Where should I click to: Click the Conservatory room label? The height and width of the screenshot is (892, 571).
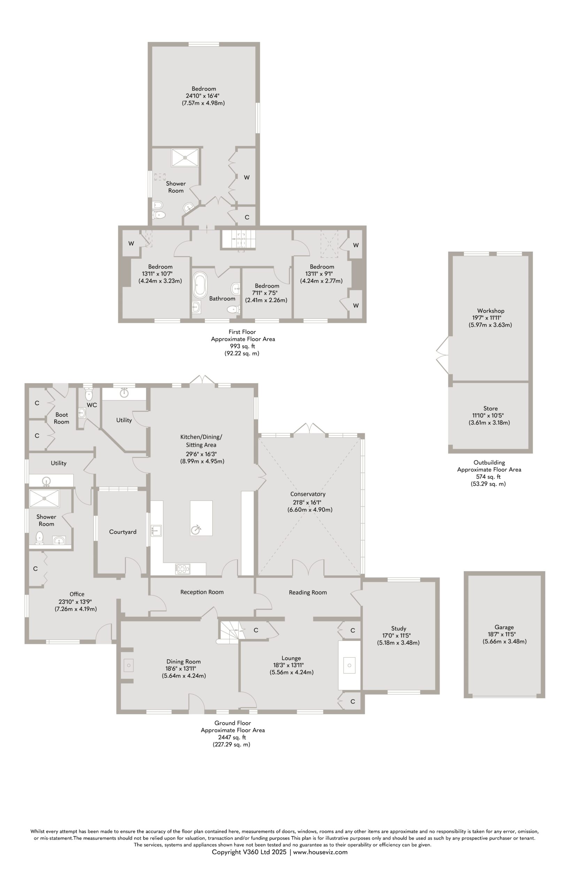[308, 494]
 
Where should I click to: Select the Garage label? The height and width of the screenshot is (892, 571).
[504, 627]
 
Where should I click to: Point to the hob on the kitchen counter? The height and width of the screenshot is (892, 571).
[183, 569]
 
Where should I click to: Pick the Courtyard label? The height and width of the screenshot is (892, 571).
[123, 532]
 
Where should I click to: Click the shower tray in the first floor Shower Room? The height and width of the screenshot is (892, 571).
[185, 158]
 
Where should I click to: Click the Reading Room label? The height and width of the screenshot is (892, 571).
[308, 592]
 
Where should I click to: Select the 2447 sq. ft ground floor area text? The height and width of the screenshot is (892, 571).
[233, 737]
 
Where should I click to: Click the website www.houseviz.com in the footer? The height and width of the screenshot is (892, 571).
[321, 852]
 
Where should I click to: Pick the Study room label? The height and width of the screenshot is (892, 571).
[399, 628]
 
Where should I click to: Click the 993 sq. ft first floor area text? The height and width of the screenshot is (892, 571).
[242, 346]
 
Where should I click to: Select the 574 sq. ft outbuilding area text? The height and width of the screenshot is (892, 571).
[488, 476]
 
